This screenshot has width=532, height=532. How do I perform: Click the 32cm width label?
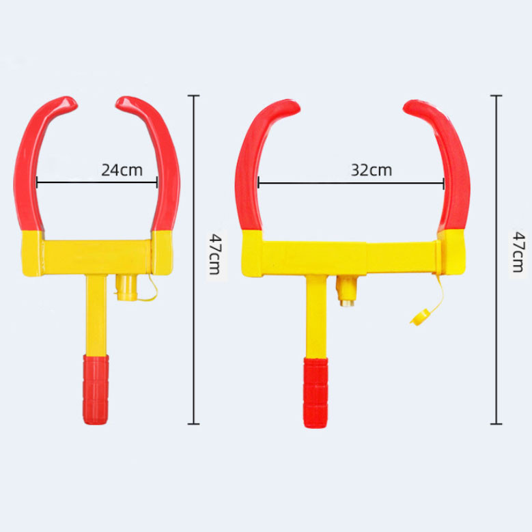[x=372, y=170]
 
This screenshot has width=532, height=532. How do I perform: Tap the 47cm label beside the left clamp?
[x=213, y=252]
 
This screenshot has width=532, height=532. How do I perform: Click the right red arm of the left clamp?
[x=168, y=171]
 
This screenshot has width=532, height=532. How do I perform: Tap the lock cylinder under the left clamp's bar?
[x=125, y=288]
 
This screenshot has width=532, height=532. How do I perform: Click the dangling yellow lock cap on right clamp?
[x=418, y=316]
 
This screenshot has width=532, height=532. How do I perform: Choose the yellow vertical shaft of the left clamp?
[x=96, y=314]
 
